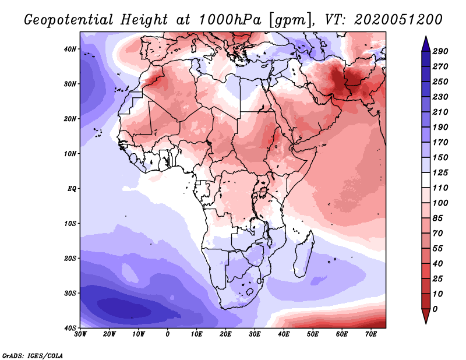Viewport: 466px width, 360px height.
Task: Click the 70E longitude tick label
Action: click(x=370, y=334)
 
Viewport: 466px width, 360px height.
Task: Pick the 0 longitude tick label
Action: click(x=168, y=334)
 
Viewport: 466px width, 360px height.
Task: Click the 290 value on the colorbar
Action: click(x=440, y=52)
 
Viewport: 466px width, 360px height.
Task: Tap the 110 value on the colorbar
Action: click(x=440, y=188)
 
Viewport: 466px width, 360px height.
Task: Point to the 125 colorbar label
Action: click(x=440, y=173)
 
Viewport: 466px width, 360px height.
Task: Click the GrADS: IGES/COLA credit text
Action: click(x=33, y=355)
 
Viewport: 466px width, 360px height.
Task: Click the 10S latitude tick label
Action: click(x=70, y=224)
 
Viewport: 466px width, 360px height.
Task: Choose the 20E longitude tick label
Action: click(x=225, y=334)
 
